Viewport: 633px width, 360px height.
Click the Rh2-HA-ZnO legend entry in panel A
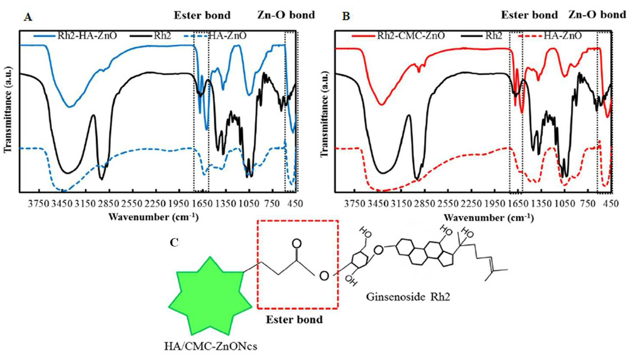(75, 36)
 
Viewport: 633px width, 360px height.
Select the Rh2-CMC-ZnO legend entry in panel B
(398, 36)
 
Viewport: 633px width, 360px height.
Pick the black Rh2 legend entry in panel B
(482, 36)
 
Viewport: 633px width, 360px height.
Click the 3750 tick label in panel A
(39, 204)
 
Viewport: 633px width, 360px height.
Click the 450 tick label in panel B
(611, 204)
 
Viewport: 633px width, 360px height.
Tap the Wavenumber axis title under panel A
(153, 217)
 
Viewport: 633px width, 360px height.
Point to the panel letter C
(174, 243)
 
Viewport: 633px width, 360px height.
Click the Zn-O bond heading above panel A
(286, 15)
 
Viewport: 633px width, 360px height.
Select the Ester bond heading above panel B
(529, 15)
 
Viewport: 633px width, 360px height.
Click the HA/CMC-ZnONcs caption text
(210, 346)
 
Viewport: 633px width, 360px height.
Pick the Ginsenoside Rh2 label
(408, 297)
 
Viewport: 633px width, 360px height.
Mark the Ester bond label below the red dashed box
(294, 319)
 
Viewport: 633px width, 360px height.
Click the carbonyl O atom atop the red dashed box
(296, 244)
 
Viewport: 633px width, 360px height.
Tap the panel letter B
(346, 17)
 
